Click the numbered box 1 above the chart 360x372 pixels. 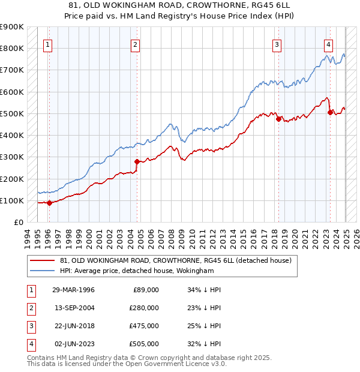[x=47, y=44]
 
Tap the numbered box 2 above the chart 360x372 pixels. [x=136, y=44]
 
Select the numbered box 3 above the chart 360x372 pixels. [x=277, y=44]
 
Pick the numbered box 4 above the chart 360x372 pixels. [x=329, y=44]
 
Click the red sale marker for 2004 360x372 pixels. [x=137, y=161]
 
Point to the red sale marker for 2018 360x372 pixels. [x=278, y=119]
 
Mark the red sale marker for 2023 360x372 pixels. [x=330, y=112]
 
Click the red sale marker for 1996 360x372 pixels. [x=49, y=203]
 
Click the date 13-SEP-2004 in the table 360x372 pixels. [x=73, y=308]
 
